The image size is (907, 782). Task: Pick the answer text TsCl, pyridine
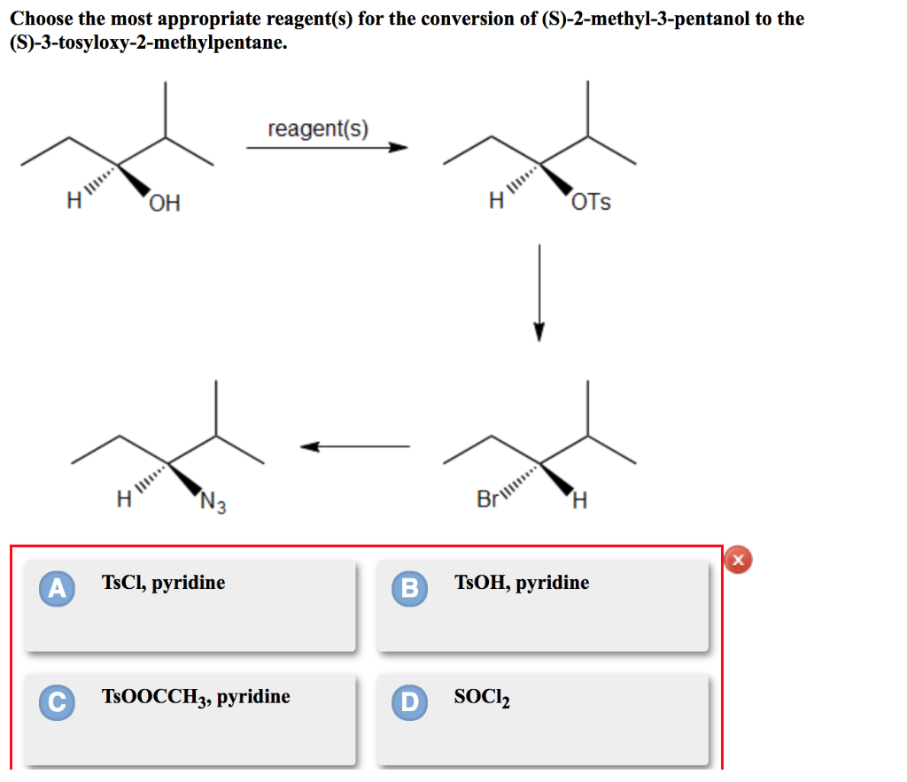(x=163, y=583)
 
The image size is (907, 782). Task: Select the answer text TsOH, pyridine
(x=521, y=583)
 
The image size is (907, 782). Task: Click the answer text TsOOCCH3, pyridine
(x=196, y=697)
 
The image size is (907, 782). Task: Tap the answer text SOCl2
(x=481, y=697)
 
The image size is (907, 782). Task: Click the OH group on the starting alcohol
(x=164, y=204)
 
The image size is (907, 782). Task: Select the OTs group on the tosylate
(x=591, y=203)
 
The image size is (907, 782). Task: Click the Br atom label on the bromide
(x=487, y=499)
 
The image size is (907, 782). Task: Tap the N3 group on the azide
(x=213, y=504)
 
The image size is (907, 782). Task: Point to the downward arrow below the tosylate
(x=539, y=292)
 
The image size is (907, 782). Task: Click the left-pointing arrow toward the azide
(x=354, y=446)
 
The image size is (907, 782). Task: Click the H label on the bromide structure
(x=579, y=501)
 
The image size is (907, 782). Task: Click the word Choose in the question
(x=43, y=19)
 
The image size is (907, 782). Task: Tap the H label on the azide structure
(x=125, y=500)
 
